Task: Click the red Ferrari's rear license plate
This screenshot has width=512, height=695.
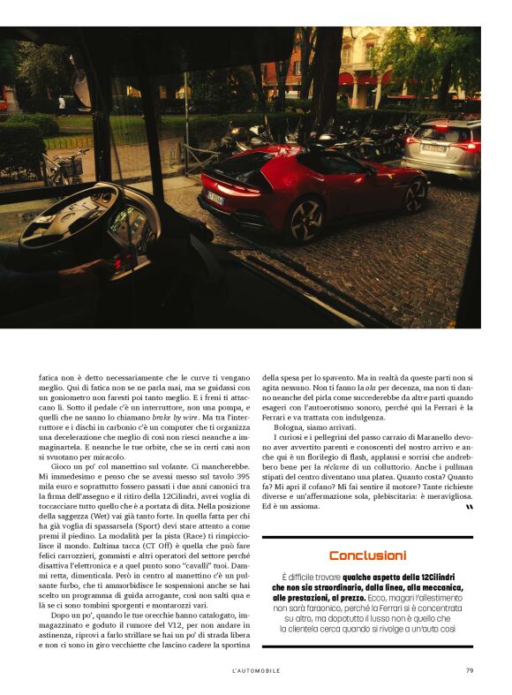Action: [x=215, y=199]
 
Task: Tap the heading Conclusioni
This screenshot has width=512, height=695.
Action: [x=367, y=555]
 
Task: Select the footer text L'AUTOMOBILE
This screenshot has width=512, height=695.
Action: [x=255, y=670]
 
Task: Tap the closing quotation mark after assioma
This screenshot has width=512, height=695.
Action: [x=469, y=507]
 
